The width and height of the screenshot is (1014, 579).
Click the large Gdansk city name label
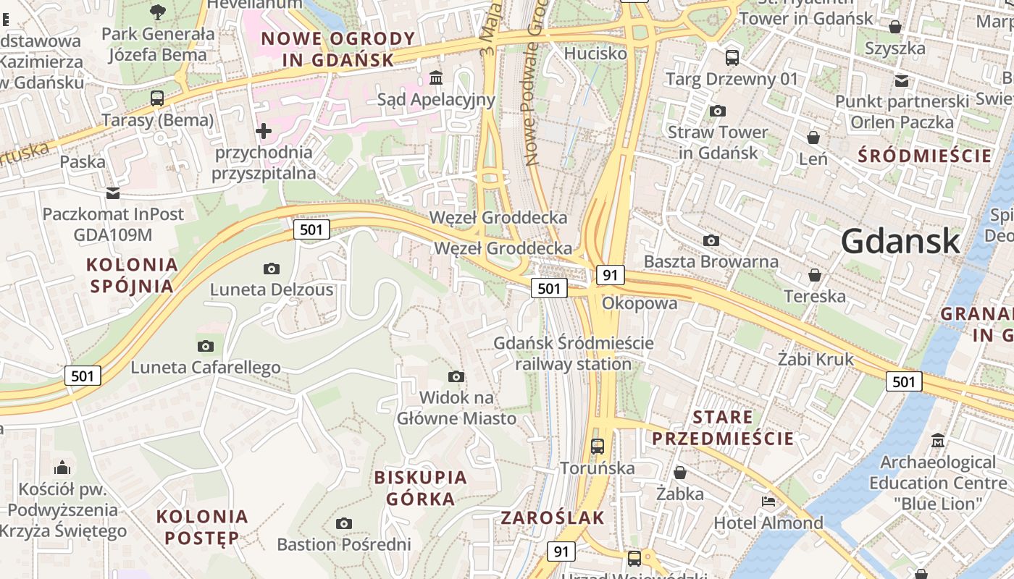[900, 241]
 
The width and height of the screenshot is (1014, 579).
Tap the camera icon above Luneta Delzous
[272, 269]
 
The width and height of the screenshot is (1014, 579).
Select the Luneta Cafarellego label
[205, 367]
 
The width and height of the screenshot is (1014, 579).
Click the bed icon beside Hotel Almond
[768, 502]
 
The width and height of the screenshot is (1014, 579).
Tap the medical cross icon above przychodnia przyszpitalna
[264, 131]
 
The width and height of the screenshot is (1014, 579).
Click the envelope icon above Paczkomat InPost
[113, 193]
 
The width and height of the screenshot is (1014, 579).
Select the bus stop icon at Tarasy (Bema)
[157, 98]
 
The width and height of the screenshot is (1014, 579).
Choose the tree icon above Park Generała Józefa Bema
[158, 12]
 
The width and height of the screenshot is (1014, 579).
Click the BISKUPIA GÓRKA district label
[420, 488]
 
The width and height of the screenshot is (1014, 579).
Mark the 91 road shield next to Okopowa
[611, 275]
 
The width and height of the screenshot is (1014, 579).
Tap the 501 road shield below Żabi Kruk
[904, 381]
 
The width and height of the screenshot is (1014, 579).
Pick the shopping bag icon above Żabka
[680, 473]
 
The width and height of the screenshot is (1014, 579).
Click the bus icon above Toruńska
[598, 447]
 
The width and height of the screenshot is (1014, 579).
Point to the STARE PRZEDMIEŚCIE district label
[723, 428]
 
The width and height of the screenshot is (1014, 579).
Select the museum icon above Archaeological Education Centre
[939, 441]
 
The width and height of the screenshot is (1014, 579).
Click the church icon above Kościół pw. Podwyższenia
[62, 468]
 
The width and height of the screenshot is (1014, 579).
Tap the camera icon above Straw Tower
[718, 111]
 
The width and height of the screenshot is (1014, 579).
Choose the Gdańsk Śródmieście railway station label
[574, 353]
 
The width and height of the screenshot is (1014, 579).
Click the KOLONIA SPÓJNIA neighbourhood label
[132, 275]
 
